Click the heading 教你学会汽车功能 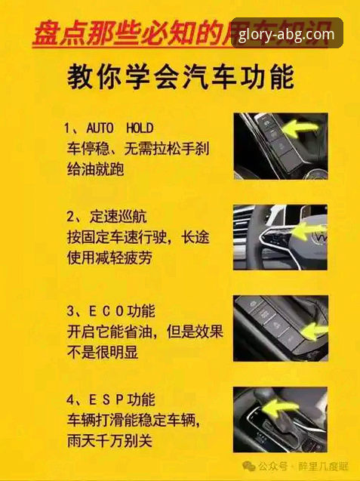[x=180, y=77]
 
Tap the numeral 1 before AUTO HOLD [x=67, y=127]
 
